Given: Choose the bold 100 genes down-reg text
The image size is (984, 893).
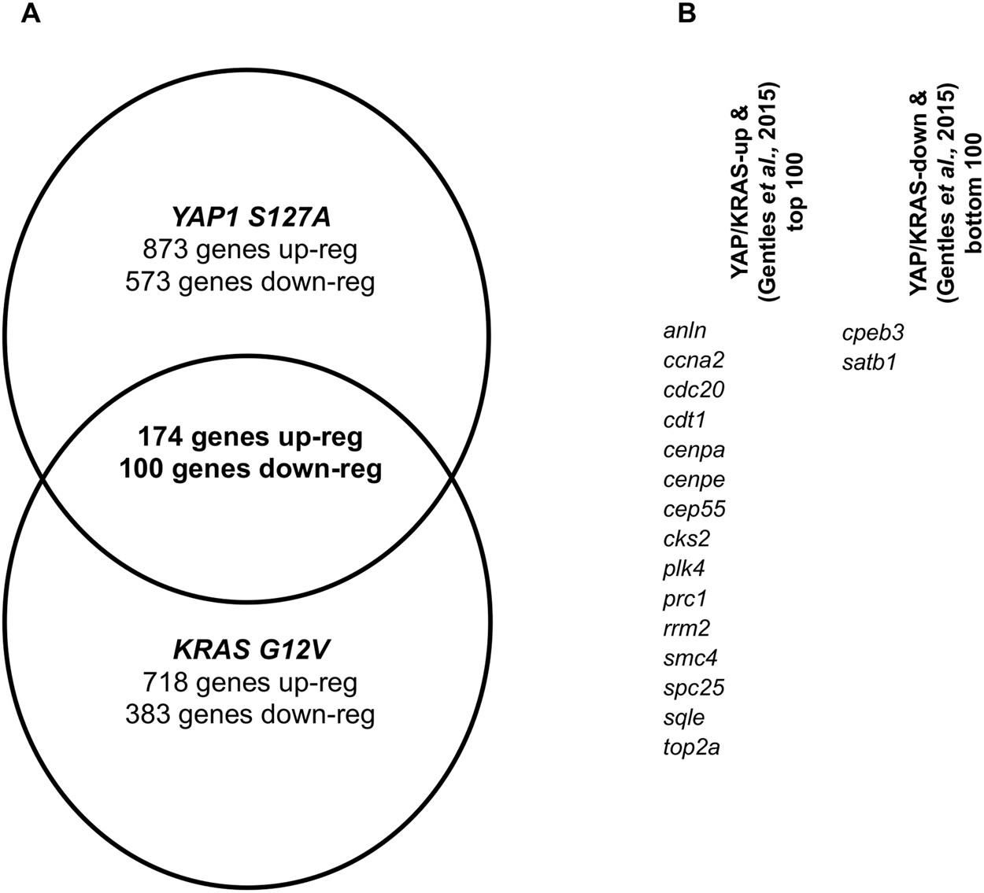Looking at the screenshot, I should coord(250,469).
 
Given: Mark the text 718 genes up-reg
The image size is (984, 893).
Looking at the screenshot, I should coord(250,683).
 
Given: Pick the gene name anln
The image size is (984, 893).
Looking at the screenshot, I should coord(684,331).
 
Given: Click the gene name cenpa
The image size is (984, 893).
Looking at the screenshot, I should coord(694,451).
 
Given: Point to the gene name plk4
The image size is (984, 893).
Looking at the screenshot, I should coord(683,569).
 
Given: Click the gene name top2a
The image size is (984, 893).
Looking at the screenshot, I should coord(691,747).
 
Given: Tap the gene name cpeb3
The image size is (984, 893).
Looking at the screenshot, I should coord(873,333).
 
